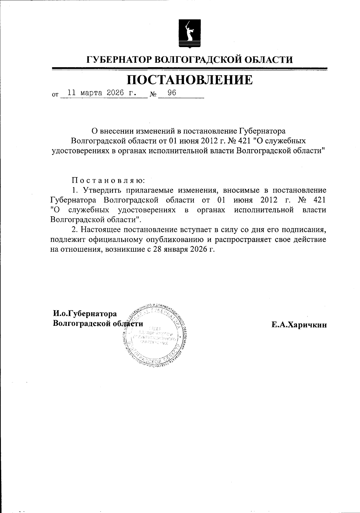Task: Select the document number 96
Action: (x=172, y=93)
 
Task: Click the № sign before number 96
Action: (x=153, y=94)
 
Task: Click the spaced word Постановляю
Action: (x=108, y=181)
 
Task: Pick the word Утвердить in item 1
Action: (x=101, y=190)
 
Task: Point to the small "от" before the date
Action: (x=55, y=95)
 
